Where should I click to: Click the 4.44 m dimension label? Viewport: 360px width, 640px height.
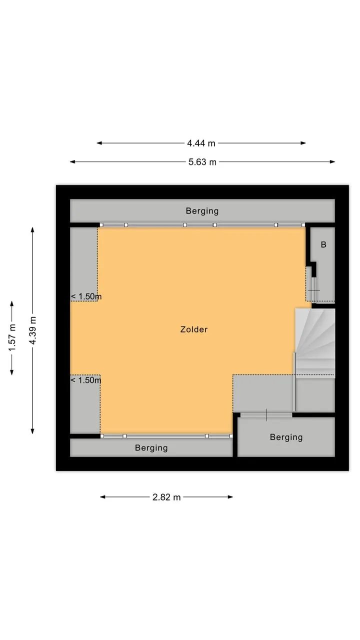[201, 143]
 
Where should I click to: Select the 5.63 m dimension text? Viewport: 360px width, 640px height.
[202, 162]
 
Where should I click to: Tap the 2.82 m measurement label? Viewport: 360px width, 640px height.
[166, 497]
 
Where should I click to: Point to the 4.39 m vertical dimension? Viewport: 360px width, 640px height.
[33, 330]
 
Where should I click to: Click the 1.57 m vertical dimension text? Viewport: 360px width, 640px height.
[12, 337]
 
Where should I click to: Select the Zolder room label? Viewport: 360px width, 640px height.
[194, 329]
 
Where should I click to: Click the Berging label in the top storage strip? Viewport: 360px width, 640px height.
[202, 211]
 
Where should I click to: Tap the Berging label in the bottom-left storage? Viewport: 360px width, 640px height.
[151, 447]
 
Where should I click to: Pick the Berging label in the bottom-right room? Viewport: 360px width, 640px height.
[286, 437]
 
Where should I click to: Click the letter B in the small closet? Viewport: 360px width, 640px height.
[323, 244]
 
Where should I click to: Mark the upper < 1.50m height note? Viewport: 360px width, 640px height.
[86, 296]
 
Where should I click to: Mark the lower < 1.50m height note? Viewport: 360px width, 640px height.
[85, 380]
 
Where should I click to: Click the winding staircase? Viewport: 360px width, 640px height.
[315, 343]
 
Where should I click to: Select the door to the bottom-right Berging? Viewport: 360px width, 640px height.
[266, 415]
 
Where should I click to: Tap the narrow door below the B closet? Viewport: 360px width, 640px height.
[313, 289]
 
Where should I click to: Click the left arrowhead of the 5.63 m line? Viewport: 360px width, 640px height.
[72, 161]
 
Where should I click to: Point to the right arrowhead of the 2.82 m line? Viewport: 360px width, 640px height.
[230, 497]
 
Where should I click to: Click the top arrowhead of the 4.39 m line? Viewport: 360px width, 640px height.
[32, 230]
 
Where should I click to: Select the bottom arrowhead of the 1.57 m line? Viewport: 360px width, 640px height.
[11, 372]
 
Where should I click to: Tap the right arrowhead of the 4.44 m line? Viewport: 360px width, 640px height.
[303, 143]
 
